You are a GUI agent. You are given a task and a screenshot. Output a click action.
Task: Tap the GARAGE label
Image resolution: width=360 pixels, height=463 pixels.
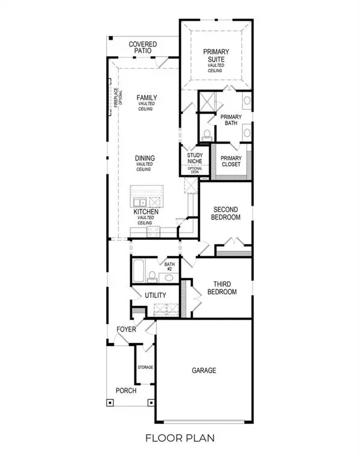point(204,370)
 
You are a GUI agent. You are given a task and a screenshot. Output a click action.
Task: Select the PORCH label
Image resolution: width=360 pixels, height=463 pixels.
point(127,391)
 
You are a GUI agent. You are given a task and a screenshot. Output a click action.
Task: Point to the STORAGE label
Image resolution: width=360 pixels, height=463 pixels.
point(145,367)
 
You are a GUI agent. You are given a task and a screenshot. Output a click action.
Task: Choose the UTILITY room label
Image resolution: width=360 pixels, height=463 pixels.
point(156,295)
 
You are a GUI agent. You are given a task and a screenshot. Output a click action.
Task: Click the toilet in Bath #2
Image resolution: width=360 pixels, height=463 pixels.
point(153,277)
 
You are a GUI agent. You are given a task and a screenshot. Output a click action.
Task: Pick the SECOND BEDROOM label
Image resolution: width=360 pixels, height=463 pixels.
point(227,213)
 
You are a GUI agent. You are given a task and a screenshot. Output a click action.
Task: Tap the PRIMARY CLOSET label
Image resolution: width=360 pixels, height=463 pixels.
point(230,161)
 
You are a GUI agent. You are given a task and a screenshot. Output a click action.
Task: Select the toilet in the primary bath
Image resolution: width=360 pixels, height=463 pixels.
point(207,134)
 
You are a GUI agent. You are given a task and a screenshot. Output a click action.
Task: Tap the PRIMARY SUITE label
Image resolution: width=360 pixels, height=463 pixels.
point(215,55)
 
